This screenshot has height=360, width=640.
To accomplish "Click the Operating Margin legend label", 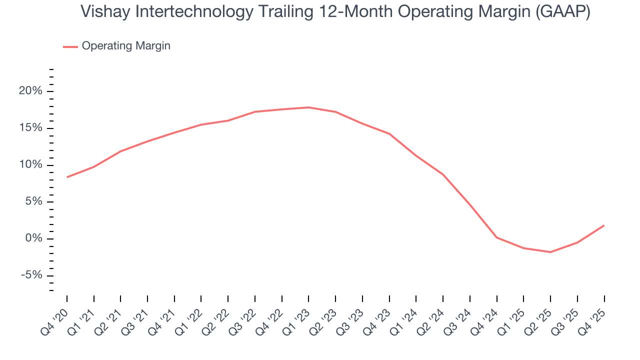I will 126,46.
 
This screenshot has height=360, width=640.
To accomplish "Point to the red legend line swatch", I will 70,46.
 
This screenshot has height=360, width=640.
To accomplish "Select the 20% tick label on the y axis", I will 30,91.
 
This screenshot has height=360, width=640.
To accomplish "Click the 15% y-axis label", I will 30,128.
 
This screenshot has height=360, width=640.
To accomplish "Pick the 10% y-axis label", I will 30,165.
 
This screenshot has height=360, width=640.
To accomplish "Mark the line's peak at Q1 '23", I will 308,107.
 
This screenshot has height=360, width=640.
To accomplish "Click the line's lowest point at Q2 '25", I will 550,252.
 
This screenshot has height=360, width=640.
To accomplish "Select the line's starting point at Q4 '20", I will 67,177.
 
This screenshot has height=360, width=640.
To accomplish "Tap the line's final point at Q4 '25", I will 604,225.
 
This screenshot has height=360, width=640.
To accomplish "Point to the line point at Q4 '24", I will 497,237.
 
